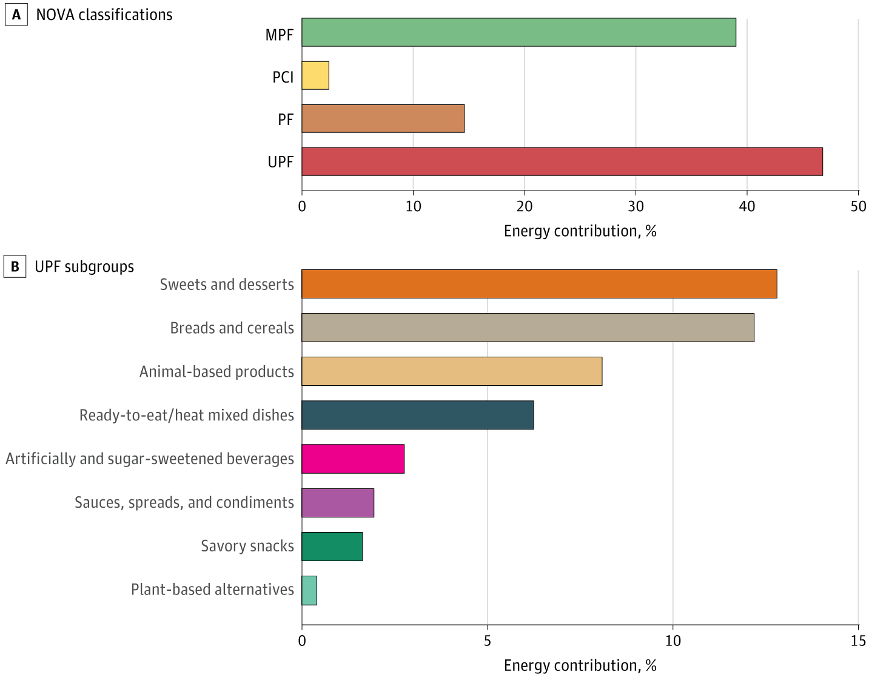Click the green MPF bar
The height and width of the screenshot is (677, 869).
coord(518,32)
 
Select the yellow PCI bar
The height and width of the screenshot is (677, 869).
coord(315,75)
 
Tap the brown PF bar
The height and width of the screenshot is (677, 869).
coord(383,118)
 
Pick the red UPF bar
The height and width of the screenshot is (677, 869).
coord(562,161)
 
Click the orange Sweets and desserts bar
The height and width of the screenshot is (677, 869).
coord(539,284)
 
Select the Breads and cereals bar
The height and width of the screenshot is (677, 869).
coord(528,328)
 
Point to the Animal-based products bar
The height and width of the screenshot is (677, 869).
coord(452,371)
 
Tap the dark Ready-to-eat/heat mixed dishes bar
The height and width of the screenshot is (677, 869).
coord(417,415)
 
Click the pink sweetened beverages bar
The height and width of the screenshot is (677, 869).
coord(353,459)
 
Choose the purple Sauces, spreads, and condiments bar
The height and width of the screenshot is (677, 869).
coord(338,502)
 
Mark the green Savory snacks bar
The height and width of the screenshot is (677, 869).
coord(332,546)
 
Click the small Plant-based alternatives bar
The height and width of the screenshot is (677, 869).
coord(309,590)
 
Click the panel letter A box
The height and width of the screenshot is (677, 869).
coord(16,15)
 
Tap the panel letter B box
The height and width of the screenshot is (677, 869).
coord(15,267)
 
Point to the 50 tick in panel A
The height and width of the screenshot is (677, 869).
coord(858,206)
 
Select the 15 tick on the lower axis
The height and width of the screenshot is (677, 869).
coord(858,641)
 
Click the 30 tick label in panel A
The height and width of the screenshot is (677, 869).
coord(636,206)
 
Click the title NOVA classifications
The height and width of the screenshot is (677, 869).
coord(104,15)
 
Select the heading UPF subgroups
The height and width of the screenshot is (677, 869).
coord(84,267)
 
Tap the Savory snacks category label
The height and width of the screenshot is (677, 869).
coord(247,546)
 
